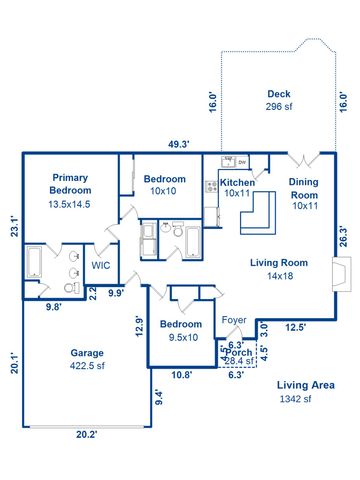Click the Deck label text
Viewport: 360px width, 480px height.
[278, 94]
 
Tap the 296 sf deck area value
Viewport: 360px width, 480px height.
[278, 106]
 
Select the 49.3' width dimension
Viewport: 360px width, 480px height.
[179, 145]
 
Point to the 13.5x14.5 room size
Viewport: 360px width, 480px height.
[71, 203]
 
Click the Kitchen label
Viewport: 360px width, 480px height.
[238, 183]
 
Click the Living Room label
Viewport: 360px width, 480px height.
[278, 263]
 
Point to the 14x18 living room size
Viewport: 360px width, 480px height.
[278, 277]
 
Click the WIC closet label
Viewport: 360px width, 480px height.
[101, 266]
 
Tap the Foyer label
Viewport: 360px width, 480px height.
[233, 320]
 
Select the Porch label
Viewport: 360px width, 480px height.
[239, 353]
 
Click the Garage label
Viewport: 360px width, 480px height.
[87, 353]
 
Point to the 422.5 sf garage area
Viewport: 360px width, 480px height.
[87, 367]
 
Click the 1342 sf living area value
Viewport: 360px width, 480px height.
[295, 399]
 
